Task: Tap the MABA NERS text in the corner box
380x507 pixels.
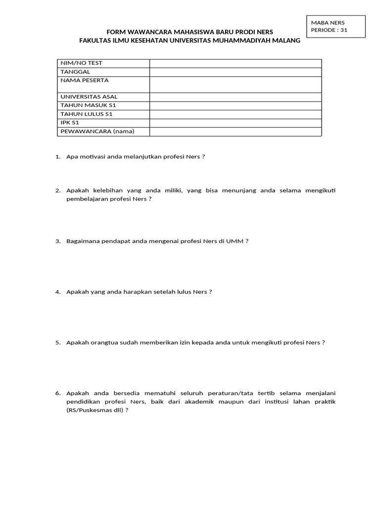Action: coord(328,22)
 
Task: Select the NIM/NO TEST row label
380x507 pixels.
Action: coord(81,63)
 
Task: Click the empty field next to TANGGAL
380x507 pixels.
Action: coord(236,72)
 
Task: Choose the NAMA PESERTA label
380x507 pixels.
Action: coord(84,80)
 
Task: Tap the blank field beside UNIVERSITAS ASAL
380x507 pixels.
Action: coord(236,97)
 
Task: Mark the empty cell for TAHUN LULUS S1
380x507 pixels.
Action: coord(236,114)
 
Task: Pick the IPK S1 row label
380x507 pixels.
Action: coord(70,123)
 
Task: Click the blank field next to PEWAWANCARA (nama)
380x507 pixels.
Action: coord(236,132)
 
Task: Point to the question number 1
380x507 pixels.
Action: coord(57,157)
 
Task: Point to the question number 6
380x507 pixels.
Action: coord(57,393)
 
